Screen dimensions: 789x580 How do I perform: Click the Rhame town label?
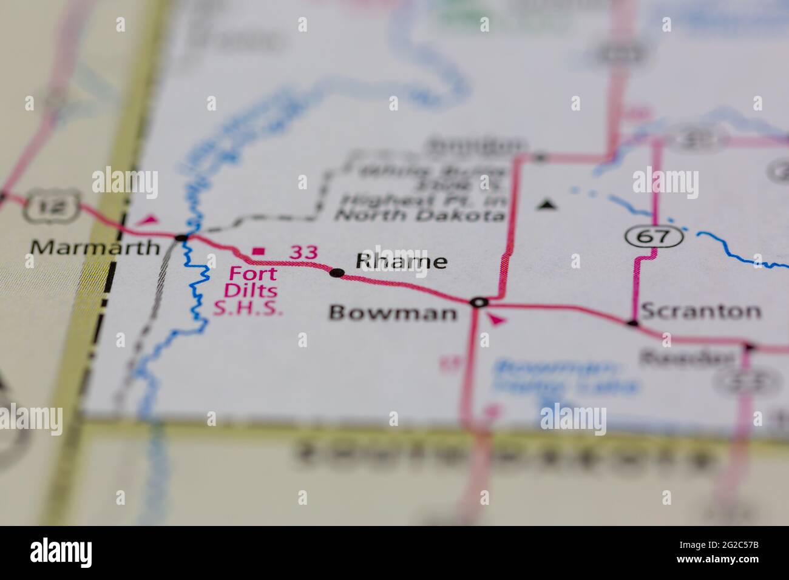pyautogui.click(x=402, y=261)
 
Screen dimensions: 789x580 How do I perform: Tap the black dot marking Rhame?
pyautogui.click(x=336, y=273)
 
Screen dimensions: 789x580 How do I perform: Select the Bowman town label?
pyautogui.click(x=393, y=313)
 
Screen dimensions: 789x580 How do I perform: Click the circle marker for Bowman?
pyautogui.click(x=479, y=302)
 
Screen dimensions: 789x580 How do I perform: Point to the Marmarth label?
pyautogui.click(x=96, y=248)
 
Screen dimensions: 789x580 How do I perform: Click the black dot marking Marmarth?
pyautogui.click(x=181, y=237)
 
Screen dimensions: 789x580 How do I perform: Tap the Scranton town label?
pyautogui.click(x=700, y=311)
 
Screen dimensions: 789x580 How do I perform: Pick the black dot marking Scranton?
pyautogui.click(x=633, y=323)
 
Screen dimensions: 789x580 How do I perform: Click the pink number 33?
pyautogui.click(x=303, y=252)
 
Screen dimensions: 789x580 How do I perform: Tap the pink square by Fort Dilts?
pyautogui.click(x=259, y=251)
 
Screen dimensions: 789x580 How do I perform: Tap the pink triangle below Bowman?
pyautogui.click(x=496, y=320)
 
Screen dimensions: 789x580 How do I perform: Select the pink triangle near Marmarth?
pyautogui.click(x=149, y=220)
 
